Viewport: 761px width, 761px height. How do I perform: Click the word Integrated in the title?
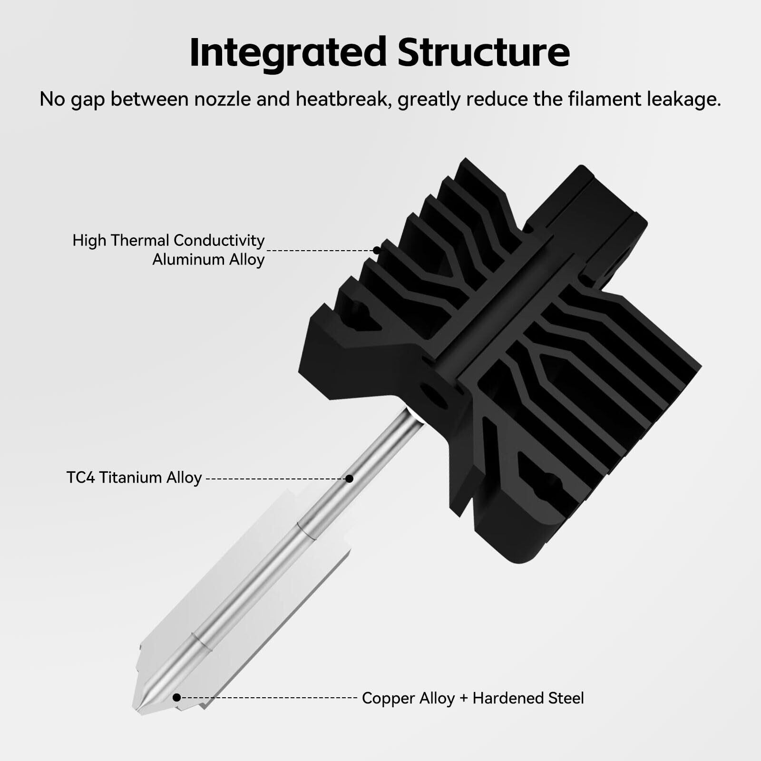point(287,52)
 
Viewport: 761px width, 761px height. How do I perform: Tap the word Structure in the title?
point(483,52)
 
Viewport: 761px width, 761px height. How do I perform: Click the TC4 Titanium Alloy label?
point(134,478)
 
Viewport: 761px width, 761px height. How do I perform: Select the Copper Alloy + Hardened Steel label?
point(473,698)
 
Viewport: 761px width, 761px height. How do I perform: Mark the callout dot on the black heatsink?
point(377,250)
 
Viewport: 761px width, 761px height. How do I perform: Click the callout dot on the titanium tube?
point(349,478)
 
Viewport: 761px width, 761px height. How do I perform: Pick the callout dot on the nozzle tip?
point(176,698)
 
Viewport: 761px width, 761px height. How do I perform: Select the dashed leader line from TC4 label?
point(276,478)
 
